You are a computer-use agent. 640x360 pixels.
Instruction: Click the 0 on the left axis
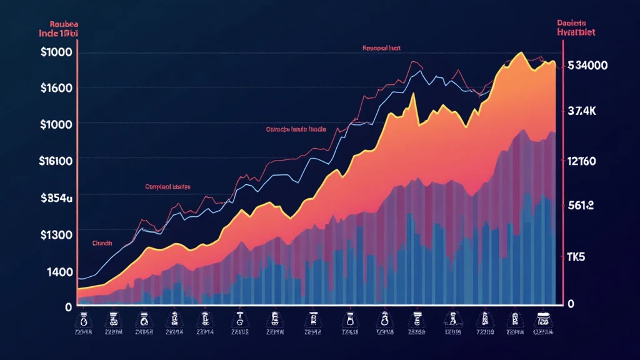(x=68, y=307)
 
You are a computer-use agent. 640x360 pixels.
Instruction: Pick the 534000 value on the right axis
(x=588, y=66)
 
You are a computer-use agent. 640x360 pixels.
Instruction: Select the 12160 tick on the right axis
(x=581, y=161)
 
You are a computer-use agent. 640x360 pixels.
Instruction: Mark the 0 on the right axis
(x=571, y=304)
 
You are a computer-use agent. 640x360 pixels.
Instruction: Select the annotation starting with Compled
(x=167, y=186)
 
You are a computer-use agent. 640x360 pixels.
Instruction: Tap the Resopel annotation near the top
(x=382, y=47)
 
